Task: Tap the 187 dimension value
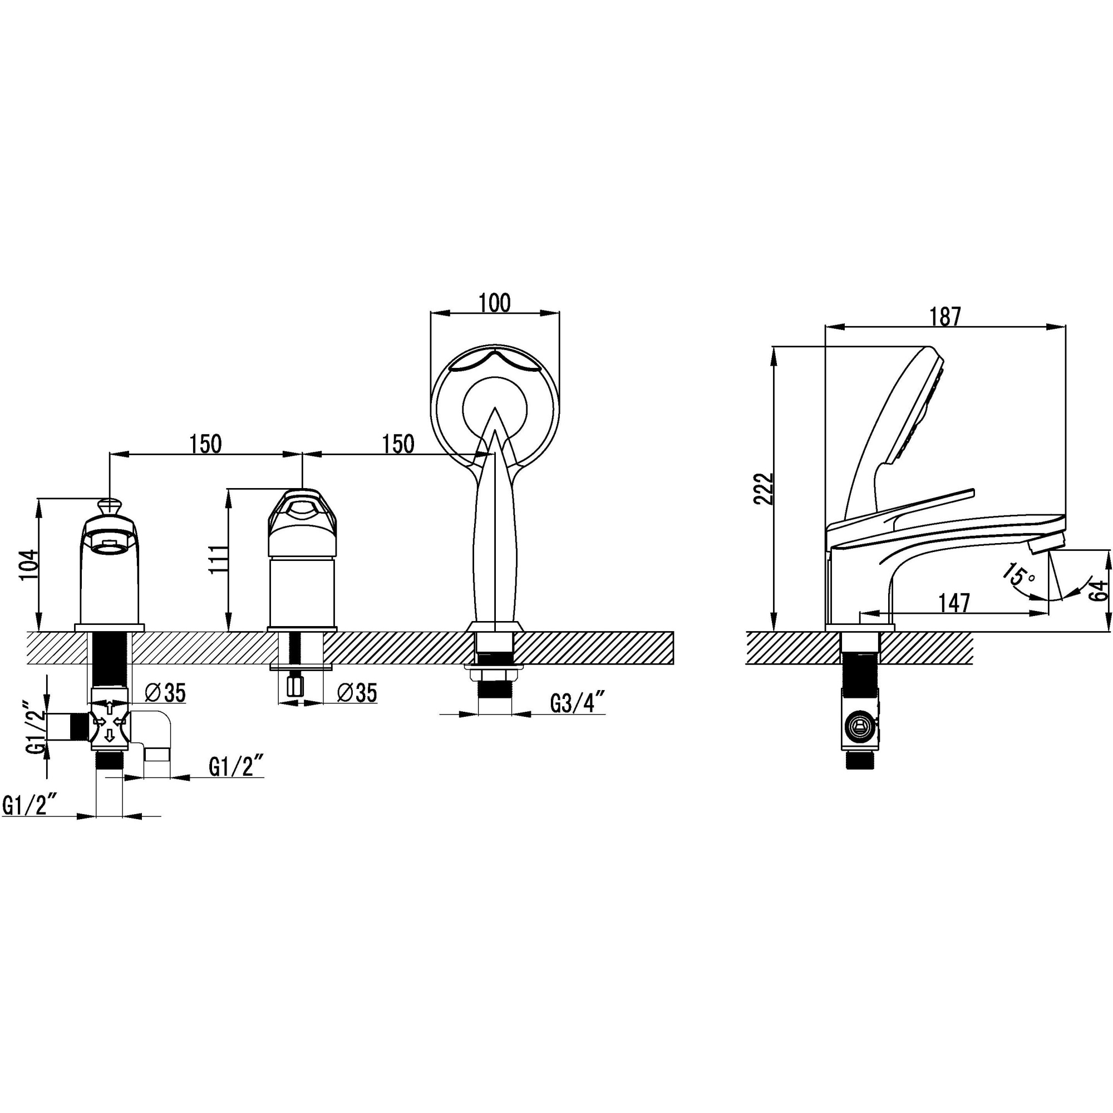pos(945,317)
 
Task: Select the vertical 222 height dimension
pos(764,489)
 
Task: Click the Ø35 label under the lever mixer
pos(357,693)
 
